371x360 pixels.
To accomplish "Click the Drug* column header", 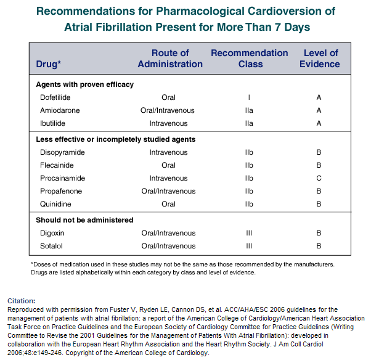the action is tap(49, 64).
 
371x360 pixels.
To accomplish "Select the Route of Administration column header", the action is tap(170, 59).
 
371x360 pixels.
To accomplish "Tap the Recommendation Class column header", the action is tap(250, 59).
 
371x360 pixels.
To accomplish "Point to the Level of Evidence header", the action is tap(320, 59).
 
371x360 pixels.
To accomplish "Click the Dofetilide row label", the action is tap(55, 97).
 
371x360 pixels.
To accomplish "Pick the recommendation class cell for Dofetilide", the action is tap(249, 97).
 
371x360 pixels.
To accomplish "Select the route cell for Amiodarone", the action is tap(167, 110).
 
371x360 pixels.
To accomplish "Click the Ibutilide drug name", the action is tap(52, 123).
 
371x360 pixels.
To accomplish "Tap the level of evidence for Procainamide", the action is tap(319, 178).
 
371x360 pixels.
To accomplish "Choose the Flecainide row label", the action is tap(57, 165).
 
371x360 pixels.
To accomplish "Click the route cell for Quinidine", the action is tap(168, 204).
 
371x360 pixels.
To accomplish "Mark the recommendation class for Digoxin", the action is tap(249, 233).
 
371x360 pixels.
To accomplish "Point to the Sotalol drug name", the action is tap(51, 246).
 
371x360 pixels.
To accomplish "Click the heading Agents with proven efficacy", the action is tap(84, 84).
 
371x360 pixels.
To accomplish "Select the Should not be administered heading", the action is tap(84, 220).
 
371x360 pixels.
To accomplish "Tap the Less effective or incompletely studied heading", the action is tap(116, 139).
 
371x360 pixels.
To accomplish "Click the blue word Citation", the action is tap(22, 301).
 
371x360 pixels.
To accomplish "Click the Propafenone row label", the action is tap(61, 191).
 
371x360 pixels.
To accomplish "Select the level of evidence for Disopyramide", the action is tap(319, 152).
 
